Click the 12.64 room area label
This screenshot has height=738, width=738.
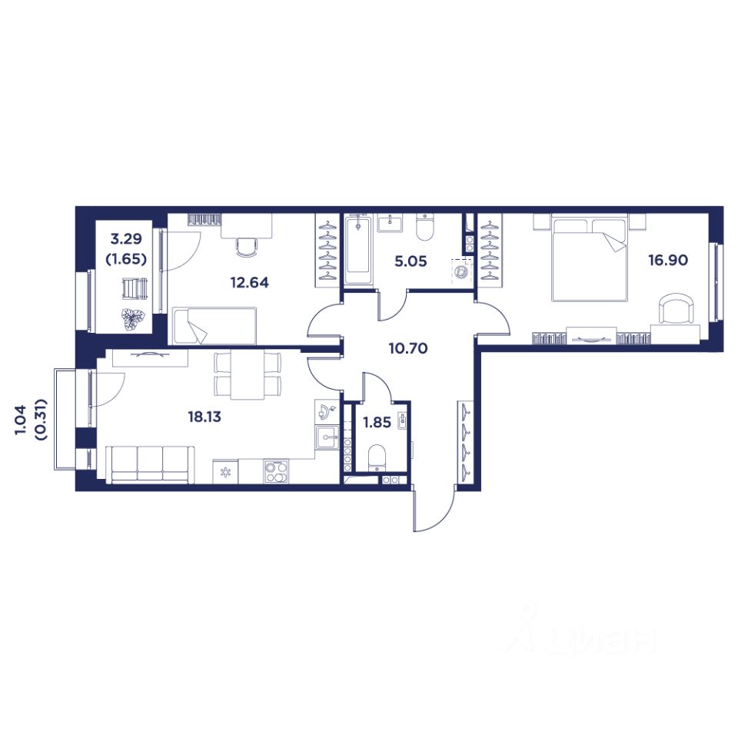coord(249,282)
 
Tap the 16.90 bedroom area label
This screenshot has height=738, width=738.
coord(668,260)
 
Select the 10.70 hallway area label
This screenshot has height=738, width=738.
coord(408,348)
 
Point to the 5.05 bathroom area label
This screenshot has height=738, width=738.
coord(411,261)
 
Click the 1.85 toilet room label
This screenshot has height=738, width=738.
coord(377,422)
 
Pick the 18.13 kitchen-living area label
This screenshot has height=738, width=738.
coord(204,417)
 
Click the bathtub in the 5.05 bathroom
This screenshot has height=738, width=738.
coord(358,249)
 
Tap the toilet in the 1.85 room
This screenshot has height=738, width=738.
coord(377,457)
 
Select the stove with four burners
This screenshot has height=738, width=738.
coord(276,471)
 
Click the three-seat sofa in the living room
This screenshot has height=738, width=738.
coord(150,464)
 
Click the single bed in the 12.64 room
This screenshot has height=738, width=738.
coord(214,326)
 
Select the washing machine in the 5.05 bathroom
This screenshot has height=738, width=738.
coord(461,271)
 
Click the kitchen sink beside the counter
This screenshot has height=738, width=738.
coord(327,437)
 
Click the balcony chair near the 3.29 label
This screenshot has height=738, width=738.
coord(135,288)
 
